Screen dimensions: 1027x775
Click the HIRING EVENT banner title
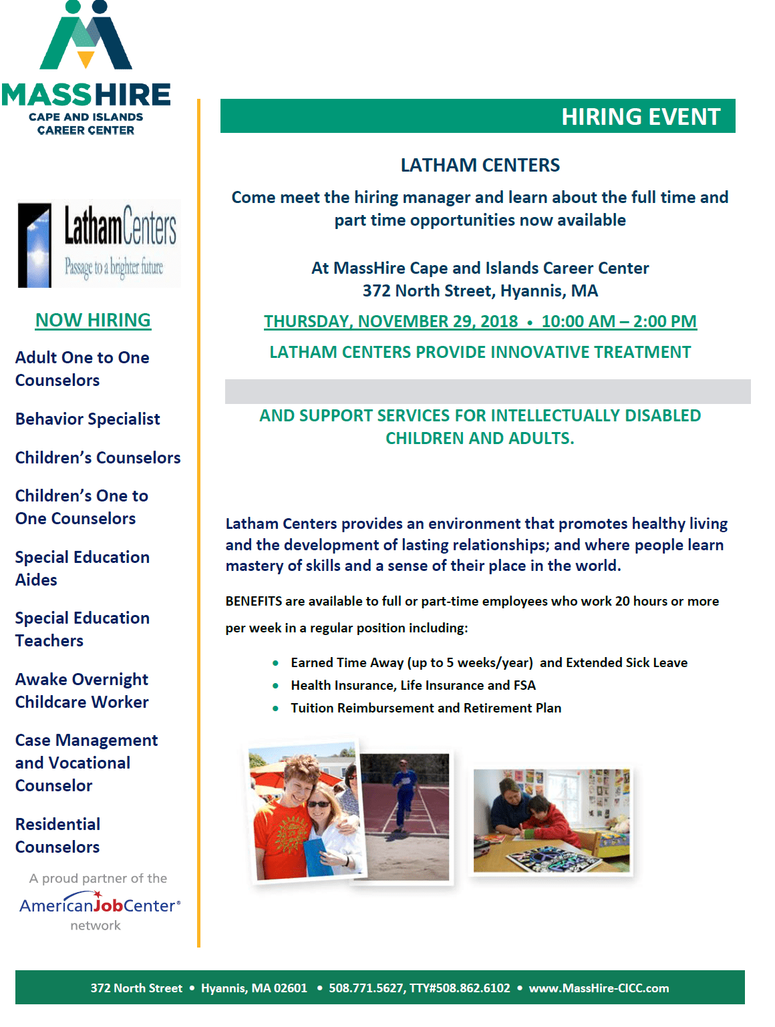pyautogui.click(x=640, y=117)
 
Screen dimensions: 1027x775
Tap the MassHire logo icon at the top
pyautogui.click(x=86, y=37)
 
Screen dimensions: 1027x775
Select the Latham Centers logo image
pyautogui.click(x=99, y=244)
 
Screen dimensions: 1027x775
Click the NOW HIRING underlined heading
pyautogui.click(x=93, y=321)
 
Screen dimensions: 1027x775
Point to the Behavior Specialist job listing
pyautogui.click(x=88, y=419)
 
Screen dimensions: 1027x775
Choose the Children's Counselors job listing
pyautogui.click(x=98, y=458)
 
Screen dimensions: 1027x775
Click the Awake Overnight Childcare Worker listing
pyautogui.click(x=82, y=691)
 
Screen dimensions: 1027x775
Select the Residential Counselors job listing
pyautogui.click(x=57, y=836)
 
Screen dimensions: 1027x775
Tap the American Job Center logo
pyautogui.click(x=100, y=905)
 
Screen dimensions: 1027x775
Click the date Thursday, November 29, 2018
pyautogui.click(x=391, y=322)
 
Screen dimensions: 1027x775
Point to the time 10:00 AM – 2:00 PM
pyautogui.click(x=619, y=322)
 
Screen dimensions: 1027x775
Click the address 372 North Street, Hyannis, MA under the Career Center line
pyautogui.click(x=480, y=291)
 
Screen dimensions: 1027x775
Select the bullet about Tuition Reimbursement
pyautogui.click(x=426, y=708)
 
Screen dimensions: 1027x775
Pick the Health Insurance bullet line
pyautogui.click(x=413, y=686)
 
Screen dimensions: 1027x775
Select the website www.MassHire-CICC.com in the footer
pyautogui.click(x=599, y=988)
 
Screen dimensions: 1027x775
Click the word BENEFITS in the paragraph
pyautogui.click(x=254, y=602)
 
